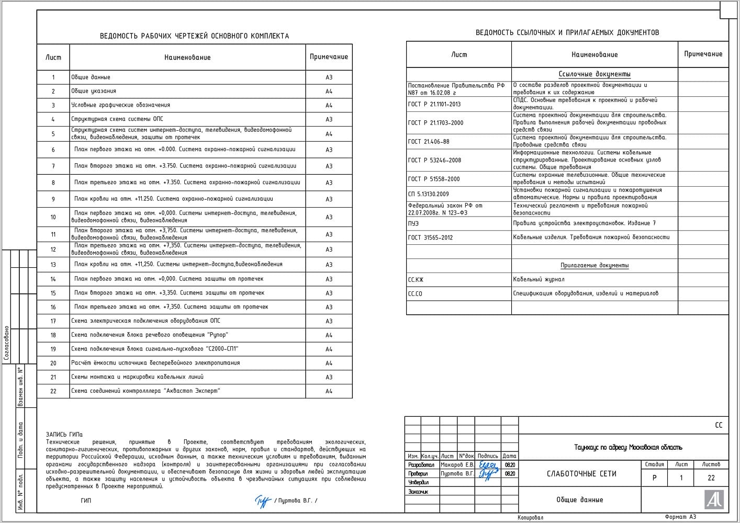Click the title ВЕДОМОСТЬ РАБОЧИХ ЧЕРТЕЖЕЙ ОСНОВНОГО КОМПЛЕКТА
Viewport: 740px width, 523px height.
pyautogui.click(x=194, y=36)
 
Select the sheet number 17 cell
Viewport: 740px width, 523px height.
pyautogui.click(x=53, y=321)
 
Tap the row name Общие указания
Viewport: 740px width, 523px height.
pyautogui.click(x=94, y=91)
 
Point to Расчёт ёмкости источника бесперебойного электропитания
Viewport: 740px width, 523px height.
pyautogui.click(x=155, y=363)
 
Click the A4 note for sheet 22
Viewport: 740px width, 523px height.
pyautogui.click(x=329, y=391)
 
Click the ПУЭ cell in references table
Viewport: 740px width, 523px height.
pyautogui.click(x=413, y=223)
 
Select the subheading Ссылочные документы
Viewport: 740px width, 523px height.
pyautogui.click(x=595, y=74)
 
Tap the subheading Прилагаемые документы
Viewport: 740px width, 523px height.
pyautogui.click(x=595, y=266)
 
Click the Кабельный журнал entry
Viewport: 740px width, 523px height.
pyautogui.click(x=539, y=279)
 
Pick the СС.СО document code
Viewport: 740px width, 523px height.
pyautogui.click(x=415, y=294)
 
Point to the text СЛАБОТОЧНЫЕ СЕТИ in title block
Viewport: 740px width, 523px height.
pyautogui.click(x=581, y=474)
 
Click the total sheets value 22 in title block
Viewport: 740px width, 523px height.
pyautogui.click(x=711, y=477)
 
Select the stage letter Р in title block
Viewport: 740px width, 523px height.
pyautogui.click(x=654, y=477)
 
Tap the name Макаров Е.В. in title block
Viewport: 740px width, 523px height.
pyautogui.click(x=457, y=464)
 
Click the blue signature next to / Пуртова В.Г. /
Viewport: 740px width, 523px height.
pyautogui.click(x=263, y=501)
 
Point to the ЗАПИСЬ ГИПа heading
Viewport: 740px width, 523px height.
pyautogui.click(x=64, y=435)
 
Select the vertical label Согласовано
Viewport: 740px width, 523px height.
pyautogui.click(x=6, y=343)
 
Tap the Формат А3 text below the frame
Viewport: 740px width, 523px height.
pyautogui.click(x=680, y=517)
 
